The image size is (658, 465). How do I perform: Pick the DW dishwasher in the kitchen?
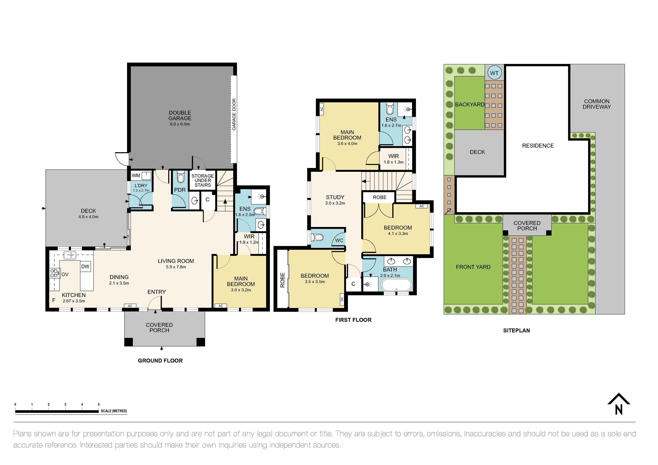pos(85,266)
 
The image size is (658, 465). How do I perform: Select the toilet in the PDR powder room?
pos(180,177)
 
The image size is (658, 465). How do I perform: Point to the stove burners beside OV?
pos(54,273)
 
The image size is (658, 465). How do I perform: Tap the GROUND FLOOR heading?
pos(160,361)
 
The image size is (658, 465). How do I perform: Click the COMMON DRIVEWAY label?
pos(597,104)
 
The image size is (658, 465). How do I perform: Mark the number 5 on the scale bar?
pos(99,405)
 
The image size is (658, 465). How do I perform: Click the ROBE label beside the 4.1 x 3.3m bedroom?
pos(379,197)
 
